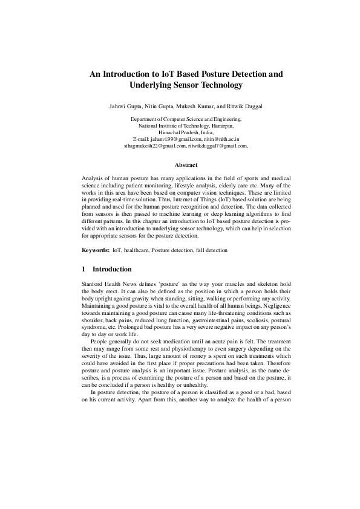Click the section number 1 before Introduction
pyautogui.click(x=83, y=268)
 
